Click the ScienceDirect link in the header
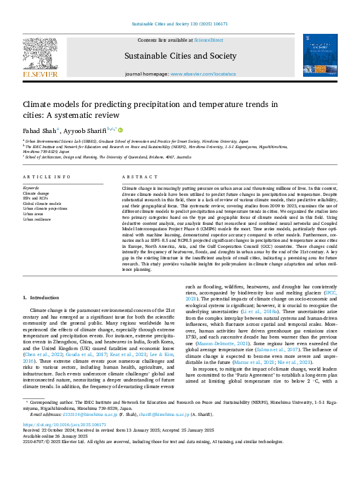[208, 39]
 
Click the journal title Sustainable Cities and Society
[180, 55]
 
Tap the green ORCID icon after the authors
[120, 129]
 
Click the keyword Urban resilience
[38, 219]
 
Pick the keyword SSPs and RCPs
[36, 198]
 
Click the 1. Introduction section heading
[41, 298]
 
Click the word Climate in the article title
[39, 104]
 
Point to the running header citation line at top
[180, 24]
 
